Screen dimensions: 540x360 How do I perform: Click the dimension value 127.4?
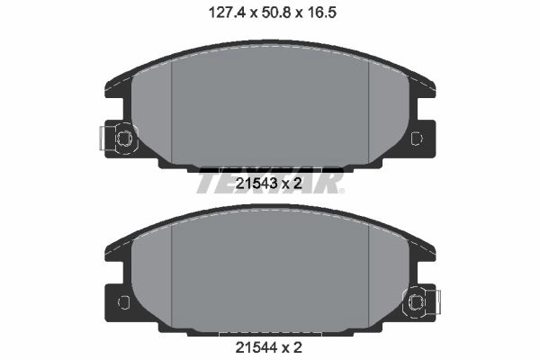point(227,13)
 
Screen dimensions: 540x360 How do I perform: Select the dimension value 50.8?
point(276,13)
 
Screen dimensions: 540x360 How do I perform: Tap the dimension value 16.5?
point(321,13)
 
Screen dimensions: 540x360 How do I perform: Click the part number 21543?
point(256,184)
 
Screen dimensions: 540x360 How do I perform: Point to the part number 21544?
point(256,347)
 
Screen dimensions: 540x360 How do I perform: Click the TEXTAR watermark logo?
point(270,182)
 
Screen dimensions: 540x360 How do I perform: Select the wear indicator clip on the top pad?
point(118,138)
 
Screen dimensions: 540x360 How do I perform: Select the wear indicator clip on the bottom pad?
point(422,302)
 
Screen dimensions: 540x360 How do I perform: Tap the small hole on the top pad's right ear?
point(417,138)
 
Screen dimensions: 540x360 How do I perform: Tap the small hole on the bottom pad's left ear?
point(123,302)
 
